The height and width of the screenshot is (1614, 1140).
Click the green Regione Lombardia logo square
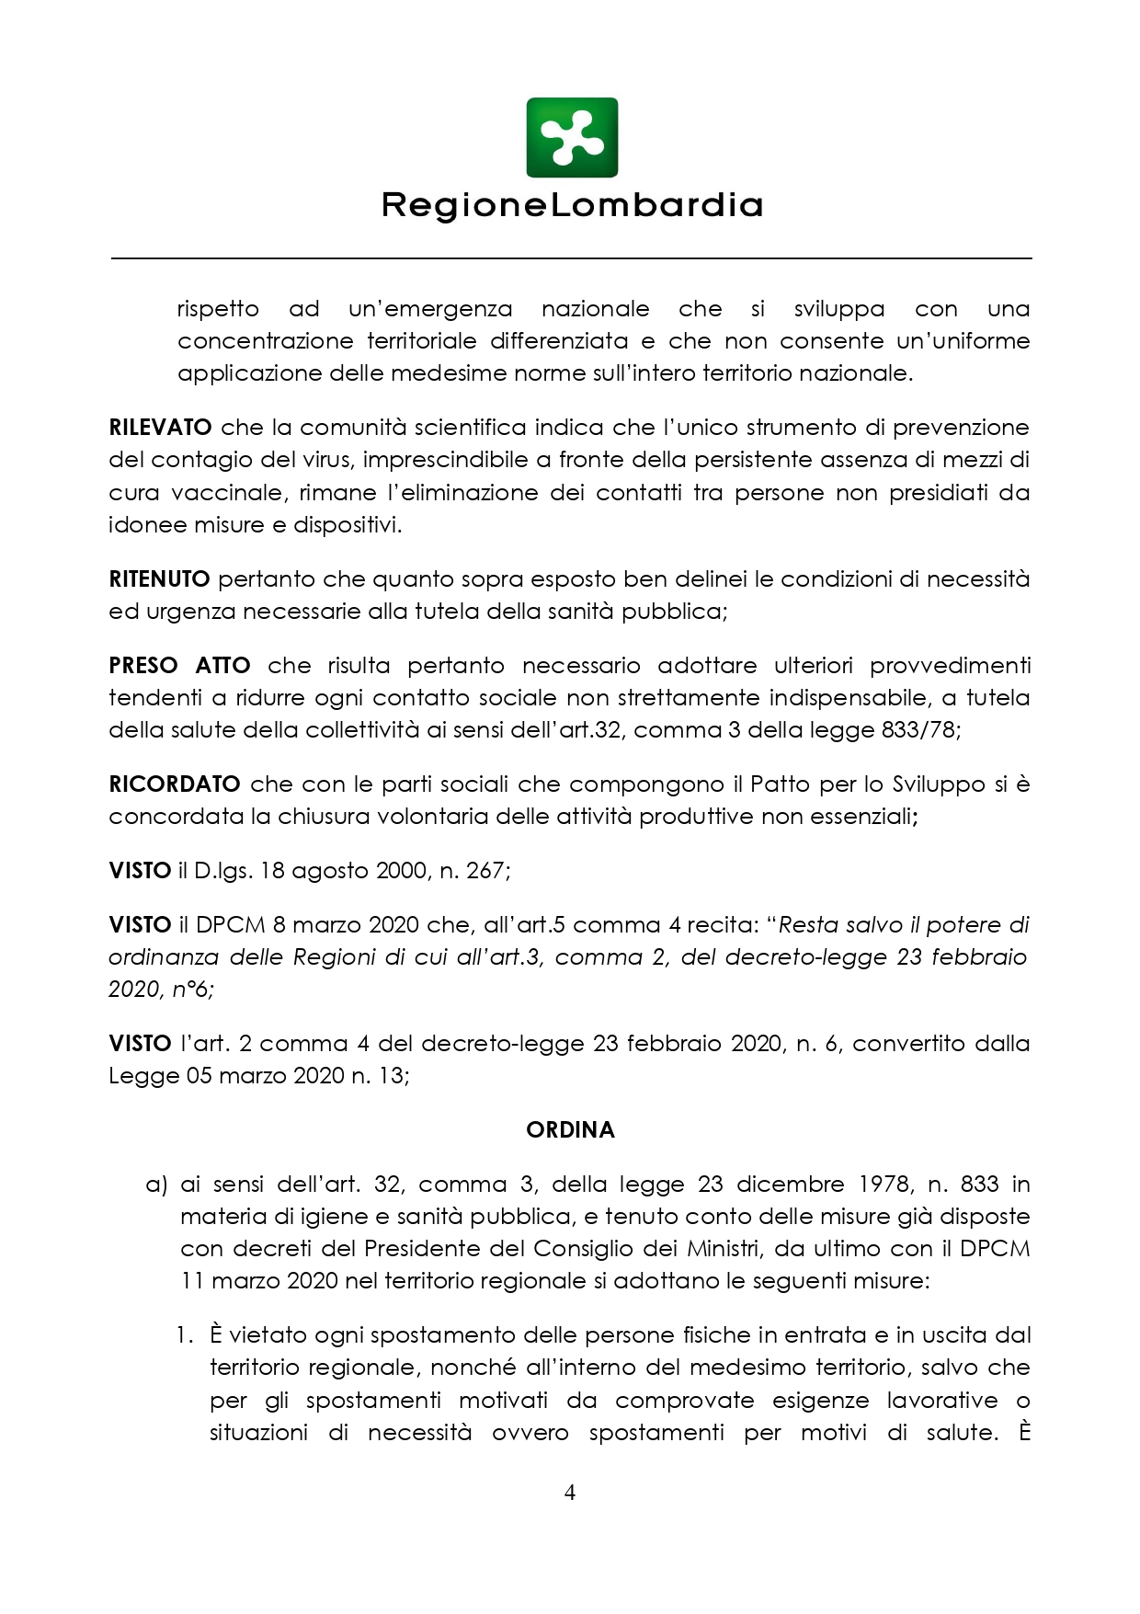click(571, 138)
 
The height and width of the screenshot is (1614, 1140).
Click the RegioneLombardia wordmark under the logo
click(572, 205)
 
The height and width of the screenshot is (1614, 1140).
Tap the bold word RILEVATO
click(160, 428)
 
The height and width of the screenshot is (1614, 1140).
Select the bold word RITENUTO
click(159, 579)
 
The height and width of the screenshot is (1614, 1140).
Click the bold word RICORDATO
click(174, 784)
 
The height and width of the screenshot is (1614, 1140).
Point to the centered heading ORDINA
click(570, 1130)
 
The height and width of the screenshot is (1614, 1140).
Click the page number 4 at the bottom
click(570, 1493)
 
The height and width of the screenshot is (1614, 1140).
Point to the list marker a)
click(156, 1185)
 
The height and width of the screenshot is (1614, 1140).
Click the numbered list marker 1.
click(185, 1335)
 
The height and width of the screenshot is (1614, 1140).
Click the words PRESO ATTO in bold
click(179, 666)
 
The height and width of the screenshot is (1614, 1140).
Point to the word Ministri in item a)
click(723, 1249)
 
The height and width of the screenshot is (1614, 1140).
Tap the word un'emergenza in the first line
click(429, 309)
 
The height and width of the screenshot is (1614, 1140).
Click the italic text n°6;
click(193, 990)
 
